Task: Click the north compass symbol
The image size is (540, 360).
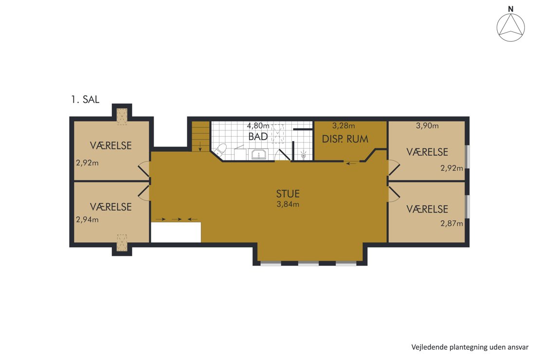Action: click(511, 28)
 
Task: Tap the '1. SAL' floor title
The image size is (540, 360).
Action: click(85, 100)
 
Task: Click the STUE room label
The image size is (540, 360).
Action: click(288, 194)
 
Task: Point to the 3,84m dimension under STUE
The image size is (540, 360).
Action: click(288, 204)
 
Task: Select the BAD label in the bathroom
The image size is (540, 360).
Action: click(258, 137)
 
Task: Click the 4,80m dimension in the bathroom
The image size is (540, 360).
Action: click(258, 126)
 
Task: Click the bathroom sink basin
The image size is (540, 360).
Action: click(259, 155)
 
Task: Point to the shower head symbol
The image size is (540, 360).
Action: click(304, 154)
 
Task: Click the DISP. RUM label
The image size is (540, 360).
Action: click(345, 139)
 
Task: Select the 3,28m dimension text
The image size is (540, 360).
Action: click(343, 126)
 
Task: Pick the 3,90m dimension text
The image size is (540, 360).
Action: click(427, 126)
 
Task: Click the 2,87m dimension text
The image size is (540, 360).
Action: click(451, 223)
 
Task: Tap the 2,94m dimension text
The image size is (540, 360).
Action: click(87, 219)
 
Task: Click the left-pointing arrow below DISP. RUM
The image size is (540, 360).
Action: click(351, 163)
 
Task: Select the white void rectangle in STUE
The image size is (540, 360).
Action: click(176, 232)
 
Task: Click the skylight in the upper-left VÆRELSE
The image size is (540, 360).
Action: click(122, 116)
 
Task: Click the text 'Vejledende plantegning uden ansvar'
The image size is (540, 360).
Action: click(470, 347)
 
